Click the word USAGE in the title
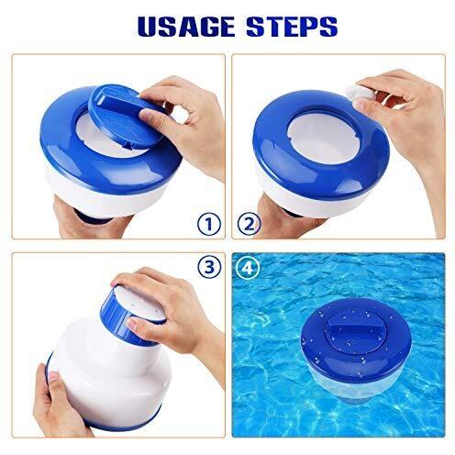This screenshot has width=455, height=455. point(186,27)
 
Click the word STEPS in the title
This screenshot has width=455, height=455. point(292,27)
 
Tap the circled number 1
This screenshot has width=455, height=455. point(209,224)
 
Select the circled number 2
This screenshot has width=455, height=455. point(250,224)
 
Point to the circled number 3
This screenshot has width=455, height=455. point(209,267)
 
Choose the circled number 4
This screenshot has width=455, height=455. point(248,268)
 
